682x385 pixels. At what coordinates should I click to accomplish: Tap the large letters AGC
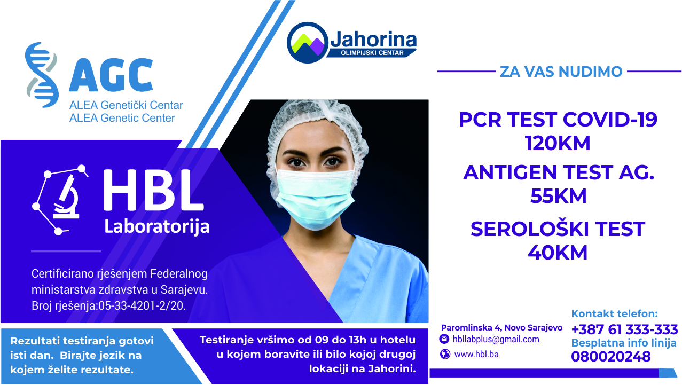click(111, 75)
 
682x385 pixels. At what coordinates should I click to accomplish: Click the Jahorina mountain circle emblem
click(307, 42)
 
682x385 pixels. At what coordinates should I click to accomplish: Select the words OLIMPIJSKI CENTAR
click(372, 52)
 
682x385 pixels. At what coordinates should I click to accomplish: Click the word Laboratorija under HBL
click(156, 225)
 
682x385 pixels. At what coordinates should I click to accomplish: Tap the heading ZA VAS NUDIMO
click(561, 72)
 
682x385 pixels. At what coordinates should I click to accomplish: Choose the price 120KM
click(558, 143)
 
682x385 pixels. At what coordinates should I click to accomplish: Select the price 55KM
click(558, 197)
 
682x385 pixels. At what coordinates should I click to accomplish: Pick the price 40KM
click(558, 252)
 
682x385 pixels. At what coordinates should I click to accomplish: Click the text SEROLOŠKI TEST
click(558, 229)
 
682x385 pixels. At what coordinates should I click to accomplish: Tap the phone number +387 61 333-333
click(624, 329)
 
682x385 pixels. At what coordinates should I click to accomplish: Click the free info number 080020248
click(611, 357)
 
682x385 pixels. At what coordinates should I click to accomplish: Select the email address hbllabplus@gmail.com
click(496, 340)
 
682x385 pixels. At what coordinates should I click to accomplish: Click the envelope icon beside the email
click(444, 339)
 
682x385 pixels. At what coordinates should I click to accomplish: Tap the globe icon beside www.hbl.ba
click(444, 354)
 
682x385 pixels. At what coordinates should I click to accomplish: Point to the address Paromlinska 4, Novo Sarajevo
click(501, 327)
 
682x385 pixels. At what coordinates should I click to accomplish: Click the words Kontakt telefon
click(614, 314)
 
